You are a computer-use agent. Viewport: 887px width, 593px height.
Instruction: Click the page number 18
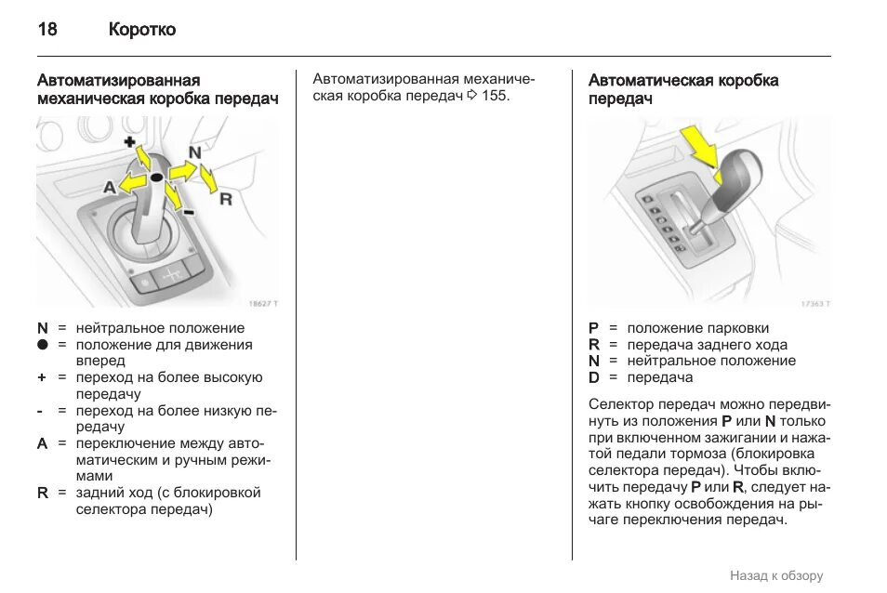coord(46,30)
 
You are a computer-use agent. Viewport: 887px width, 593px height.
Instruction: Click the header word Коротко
coord(141,30)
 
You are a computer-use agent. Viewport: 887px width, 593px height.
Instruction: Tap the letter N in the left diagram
coord(194,152)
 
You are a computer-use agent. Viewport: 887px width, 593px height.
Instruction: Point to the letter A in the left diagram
coord(109,187)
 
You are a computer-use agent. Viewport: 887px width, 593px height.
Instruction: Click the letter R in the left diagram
coord(225,198)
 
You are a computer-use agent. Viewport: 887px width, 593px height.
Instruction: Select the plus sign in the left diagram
coord(129,141)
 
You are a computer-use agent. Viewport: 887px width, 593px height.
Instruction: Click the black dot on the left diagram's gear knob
coord(156,177)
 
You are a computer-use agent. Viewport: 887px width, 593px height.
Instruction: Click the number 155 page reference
coord(495,97)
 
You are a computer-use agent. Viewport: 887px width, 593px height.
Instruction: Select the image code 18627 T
coord(263,303)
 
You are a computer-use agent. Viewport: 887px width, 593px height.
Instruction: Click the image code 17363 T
coord(814,303)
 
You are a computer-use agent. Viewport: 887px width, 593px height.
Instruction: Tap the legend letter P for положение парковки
coord(594,328)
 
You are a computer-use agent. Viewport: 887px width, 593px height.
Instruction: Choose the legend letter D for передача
coord(594,377)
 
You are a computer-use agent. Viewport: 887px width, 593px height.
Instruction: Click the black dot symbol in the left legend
coord(42,345)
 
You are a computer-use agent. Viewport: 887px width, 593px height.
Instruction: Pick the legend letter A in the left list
coord(42,443)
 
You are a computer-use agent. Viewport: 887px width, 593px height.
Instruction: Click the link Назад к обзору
coord(775,576)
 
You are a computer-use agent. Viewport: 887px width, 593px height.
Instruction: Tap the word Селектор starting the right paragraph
coord(621,404)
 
